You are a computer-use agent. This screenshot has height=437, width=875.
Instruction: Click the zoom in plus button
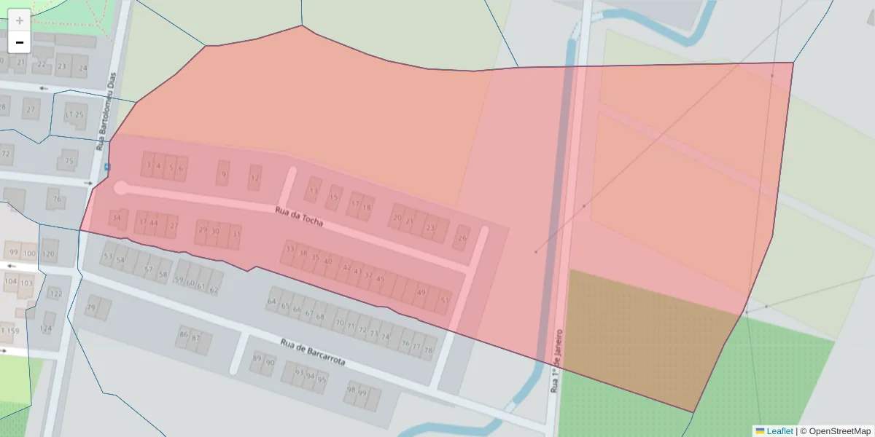(x=19, y=20)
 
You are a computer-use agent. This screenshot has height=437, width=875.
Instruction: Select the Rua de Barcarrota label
(x=313, y=353)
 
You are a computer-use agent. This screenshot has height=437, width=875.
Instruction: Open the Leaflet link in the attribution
(x=779, y=431)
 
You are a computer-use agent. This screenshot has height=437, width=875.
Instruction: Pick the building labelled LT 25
(x=74, y=115)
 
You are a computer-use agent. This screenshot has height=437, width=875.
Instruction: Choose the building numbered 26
(x=462, y=237)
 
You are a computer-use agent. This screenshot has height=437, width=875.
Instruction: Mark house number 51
(x=445, y=299)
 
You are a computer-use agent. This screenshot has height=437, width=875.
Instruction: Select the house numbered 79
(x=91, y=308)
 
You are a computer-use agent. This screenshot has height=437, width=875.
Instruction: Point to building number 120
(x=49, y=253)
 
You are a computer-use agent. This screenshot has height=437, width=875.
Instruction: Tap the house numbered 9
(x=223, y=174)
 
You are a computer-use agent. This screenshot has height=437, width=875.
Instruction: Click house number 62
(x=213, y=289)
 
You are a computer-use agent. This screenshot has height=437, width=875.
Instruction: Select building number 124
(x=47, y=328)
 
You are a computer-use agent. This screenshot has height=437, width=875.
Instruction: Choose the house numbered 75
(x=69, y=161)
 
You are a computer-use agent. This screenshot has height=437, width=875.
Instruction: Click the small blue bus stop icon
(x=108, y=167)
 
